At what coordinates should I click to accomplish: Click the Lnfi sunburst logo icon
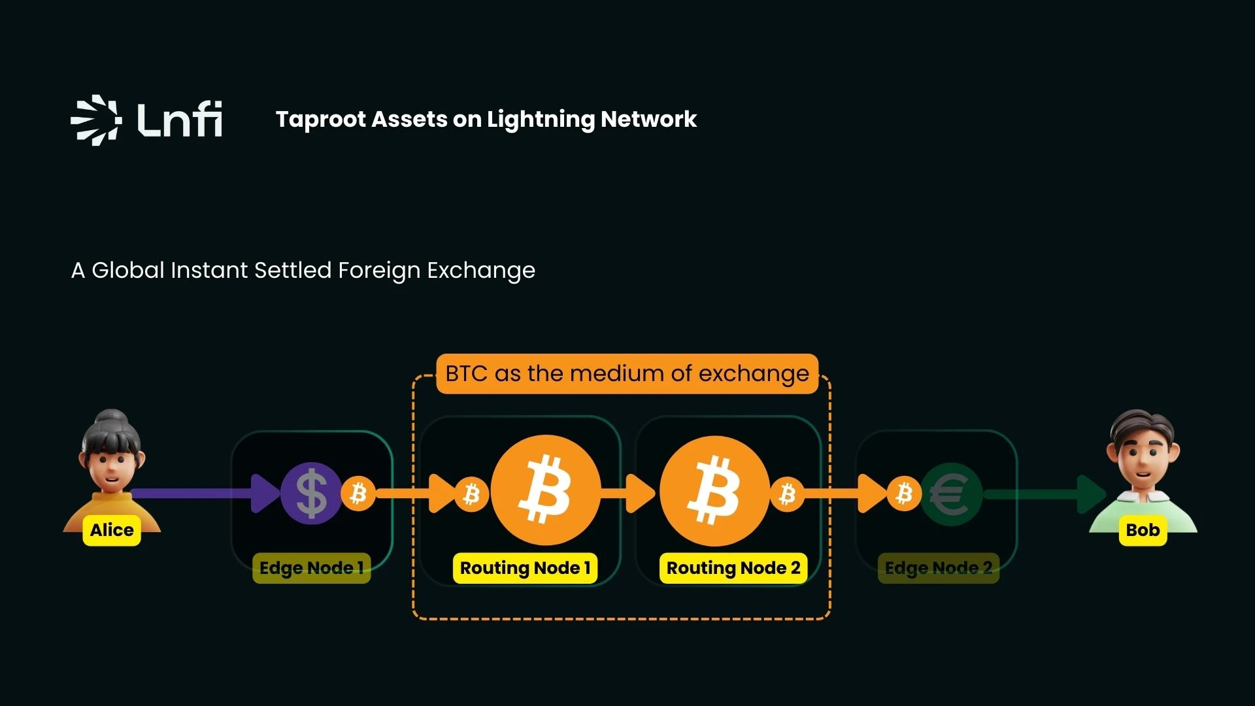(x=95, y=120)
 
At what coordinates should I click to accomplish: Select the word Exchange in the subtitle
(x=480, y=270)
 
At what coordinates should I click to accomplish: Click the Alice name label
(x=112, y=530)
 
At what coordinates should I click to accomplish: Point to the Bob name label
(x=1143, y=530)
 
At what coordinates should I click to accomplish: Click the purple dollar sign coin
(x=311, y=494)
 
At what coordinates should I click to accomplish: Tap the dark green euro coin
(x=951, y=494)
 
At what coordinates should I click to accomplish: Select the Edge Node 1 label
(x=311, y=568)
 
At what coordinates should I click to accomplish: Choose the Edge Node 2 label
(x=938, y=568)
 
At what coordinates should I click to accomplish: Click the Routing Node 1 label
(x=525, y=568)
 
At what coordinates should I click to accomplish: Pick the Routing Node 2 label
(x=733, y=568)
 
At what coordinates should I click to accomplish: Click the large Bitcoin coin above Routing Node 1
(x=545, y=490)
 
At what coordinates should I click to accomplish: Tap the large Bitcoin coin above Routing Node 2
(x=714, y=491)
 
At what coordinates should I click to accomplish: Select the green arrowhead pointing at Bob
(x=1090, y=494)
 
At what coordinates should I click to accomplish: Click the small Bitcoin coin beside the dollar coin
(x=358, y=494)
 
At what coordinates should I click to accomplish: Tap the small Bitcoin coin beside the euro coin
(x=904, y=494)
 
